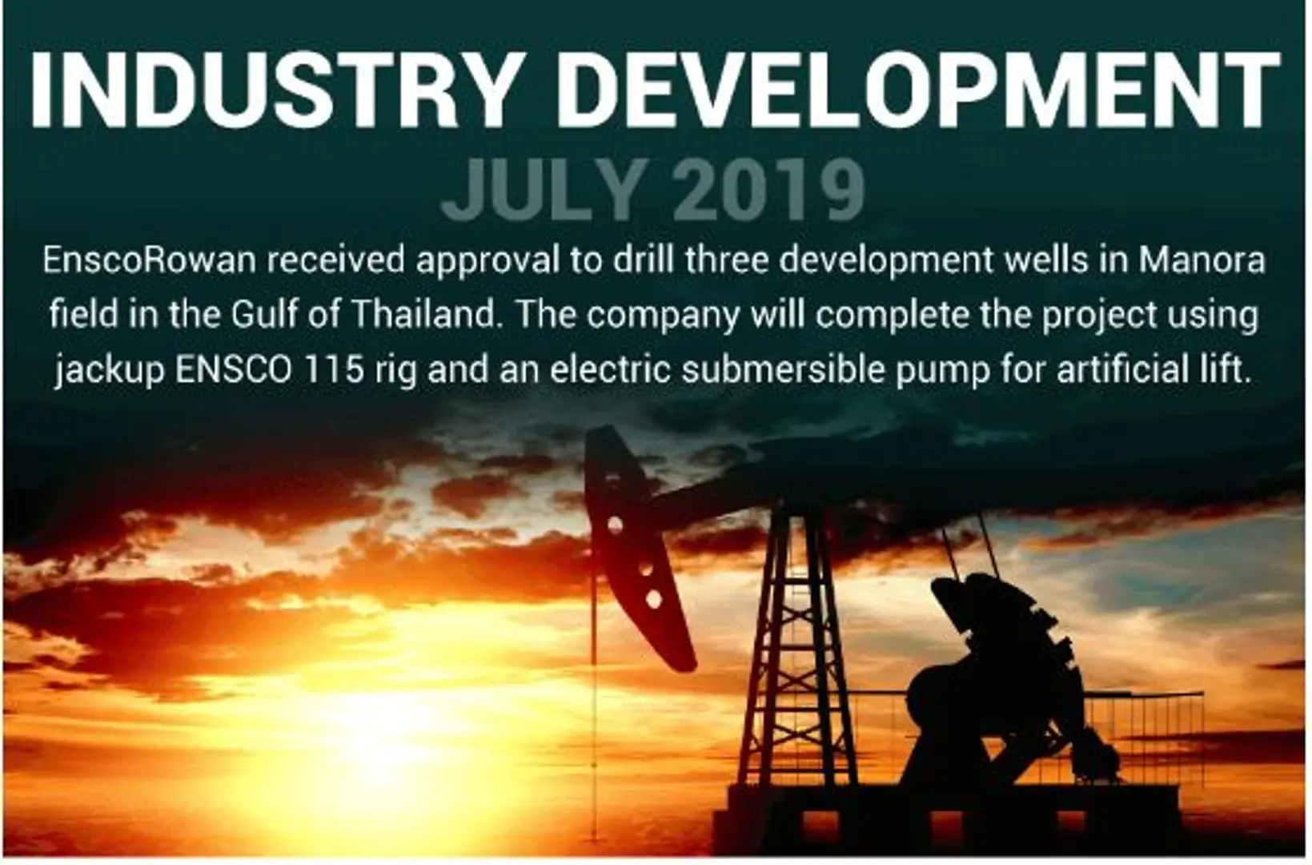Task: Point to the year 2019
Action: [x=768, y=190]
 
